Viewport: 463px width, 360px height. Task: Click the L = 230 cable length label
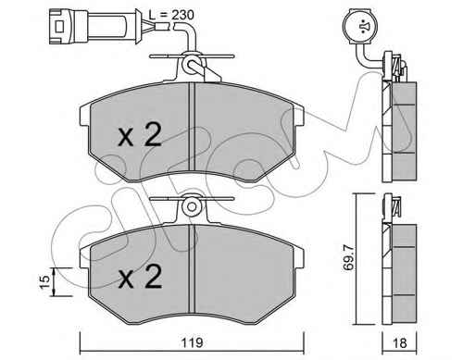click(171, 15)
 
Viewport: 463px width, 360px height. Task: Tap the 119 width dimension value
click(192, 342)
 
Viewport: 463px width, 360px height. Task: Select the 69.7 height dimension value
click(349, 258)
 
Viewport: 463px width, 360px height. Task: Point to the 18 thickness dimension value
click(399, 342)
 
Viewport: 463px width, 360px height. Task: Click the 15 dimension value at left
click(44, 282)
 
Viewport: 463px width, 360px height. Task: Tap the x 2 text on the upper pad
click(140, 134)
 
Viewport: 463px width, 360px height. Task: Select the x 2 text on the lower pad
click(141, 277)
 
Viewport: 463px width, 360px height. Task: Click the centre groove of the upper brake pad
click(192, 127)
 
